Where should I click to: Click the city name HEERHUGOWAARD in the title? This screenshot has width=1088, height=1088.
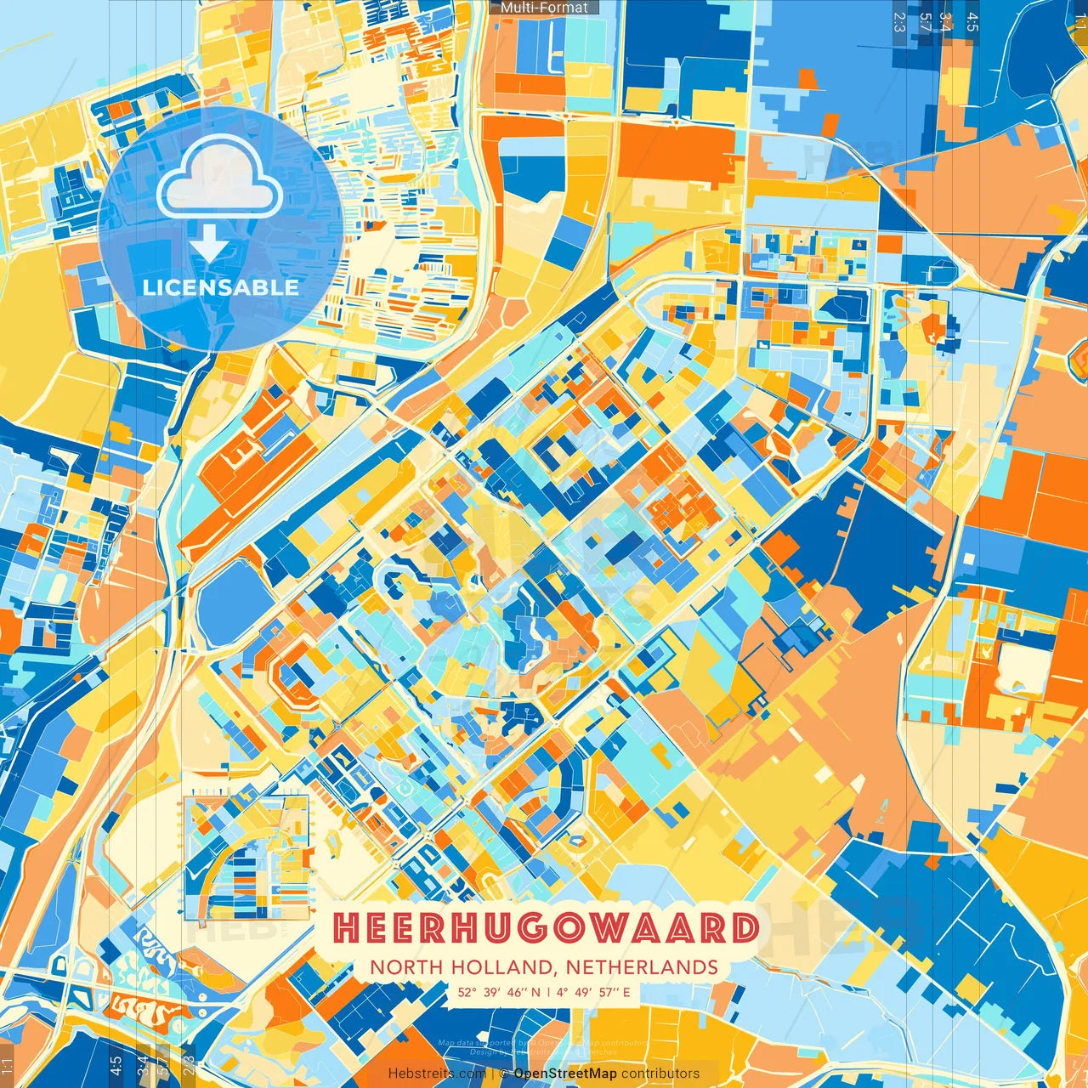pos(545,928)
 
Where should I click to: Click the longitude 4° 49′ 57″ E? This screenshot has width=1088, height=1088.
pos(594,991)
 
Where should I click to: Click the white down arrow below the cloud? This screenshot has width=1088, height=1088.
pos(208,244)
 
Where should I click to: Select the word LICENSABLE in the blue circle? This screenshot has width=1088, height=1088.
pos(220,287)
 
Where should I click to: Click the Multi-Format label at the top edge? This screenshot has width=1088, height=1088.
pos(544,8)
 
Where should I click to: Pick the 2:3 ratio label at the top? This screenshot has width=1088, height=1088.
pos(899,22)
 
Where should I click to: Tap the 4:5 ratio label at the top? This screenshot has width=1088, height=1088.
pos(972,22)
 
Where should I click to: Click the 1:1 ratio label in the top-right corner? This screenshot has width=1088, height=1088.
pos(1080,22)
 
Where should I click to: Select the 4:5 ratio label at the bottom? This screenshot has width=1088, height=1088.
pos(116,1066)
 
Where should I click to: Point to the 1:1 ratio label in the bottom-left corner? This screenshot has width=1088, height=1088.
pos(8,1066)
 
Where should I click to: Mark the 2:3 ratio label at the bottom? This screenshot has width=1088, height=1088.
pos(189,1066)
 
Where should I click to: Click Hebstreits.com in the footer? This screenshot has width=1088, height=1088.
pos(437,1074)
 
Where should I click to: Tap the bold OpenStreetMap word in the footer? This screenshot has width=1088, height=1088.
pos(565,1074)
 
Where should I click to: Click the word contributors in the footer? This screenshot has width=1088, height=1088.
pos(660,1074)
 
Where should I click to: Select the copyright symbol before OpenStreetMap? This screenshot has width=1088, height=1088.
pos(505,1074)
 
